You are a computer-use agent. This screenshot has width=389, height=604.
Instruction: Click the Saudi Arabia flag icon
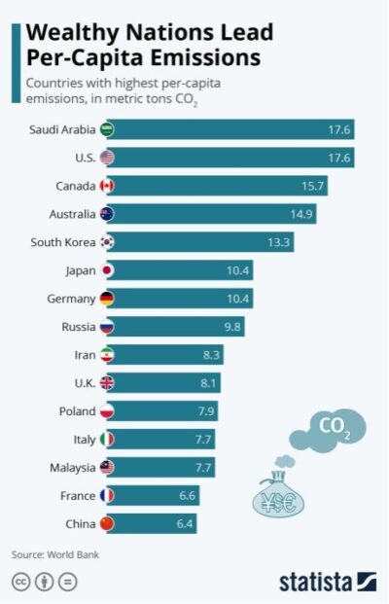click(108, 129)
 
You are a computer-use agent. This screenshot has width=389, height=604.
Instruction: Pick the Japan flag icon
click(108, 270)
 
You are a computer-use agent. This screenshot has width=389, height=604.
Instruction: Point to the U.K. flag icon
click(108, 383)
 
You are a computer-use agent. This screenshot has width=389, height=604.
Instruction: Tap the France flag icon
click(108, 496)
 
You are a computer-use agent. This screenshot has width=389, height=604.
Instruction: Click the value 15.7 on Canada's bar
click(316, 186)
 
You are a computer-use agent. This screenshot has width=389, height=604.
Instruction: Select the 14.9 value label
click(303, 214)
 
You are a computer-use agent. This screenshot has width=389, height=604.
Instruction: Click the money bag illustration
click(280, 494)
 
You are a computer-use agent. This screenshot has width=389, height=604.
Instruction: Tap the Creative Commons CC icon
click(21, 582)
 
